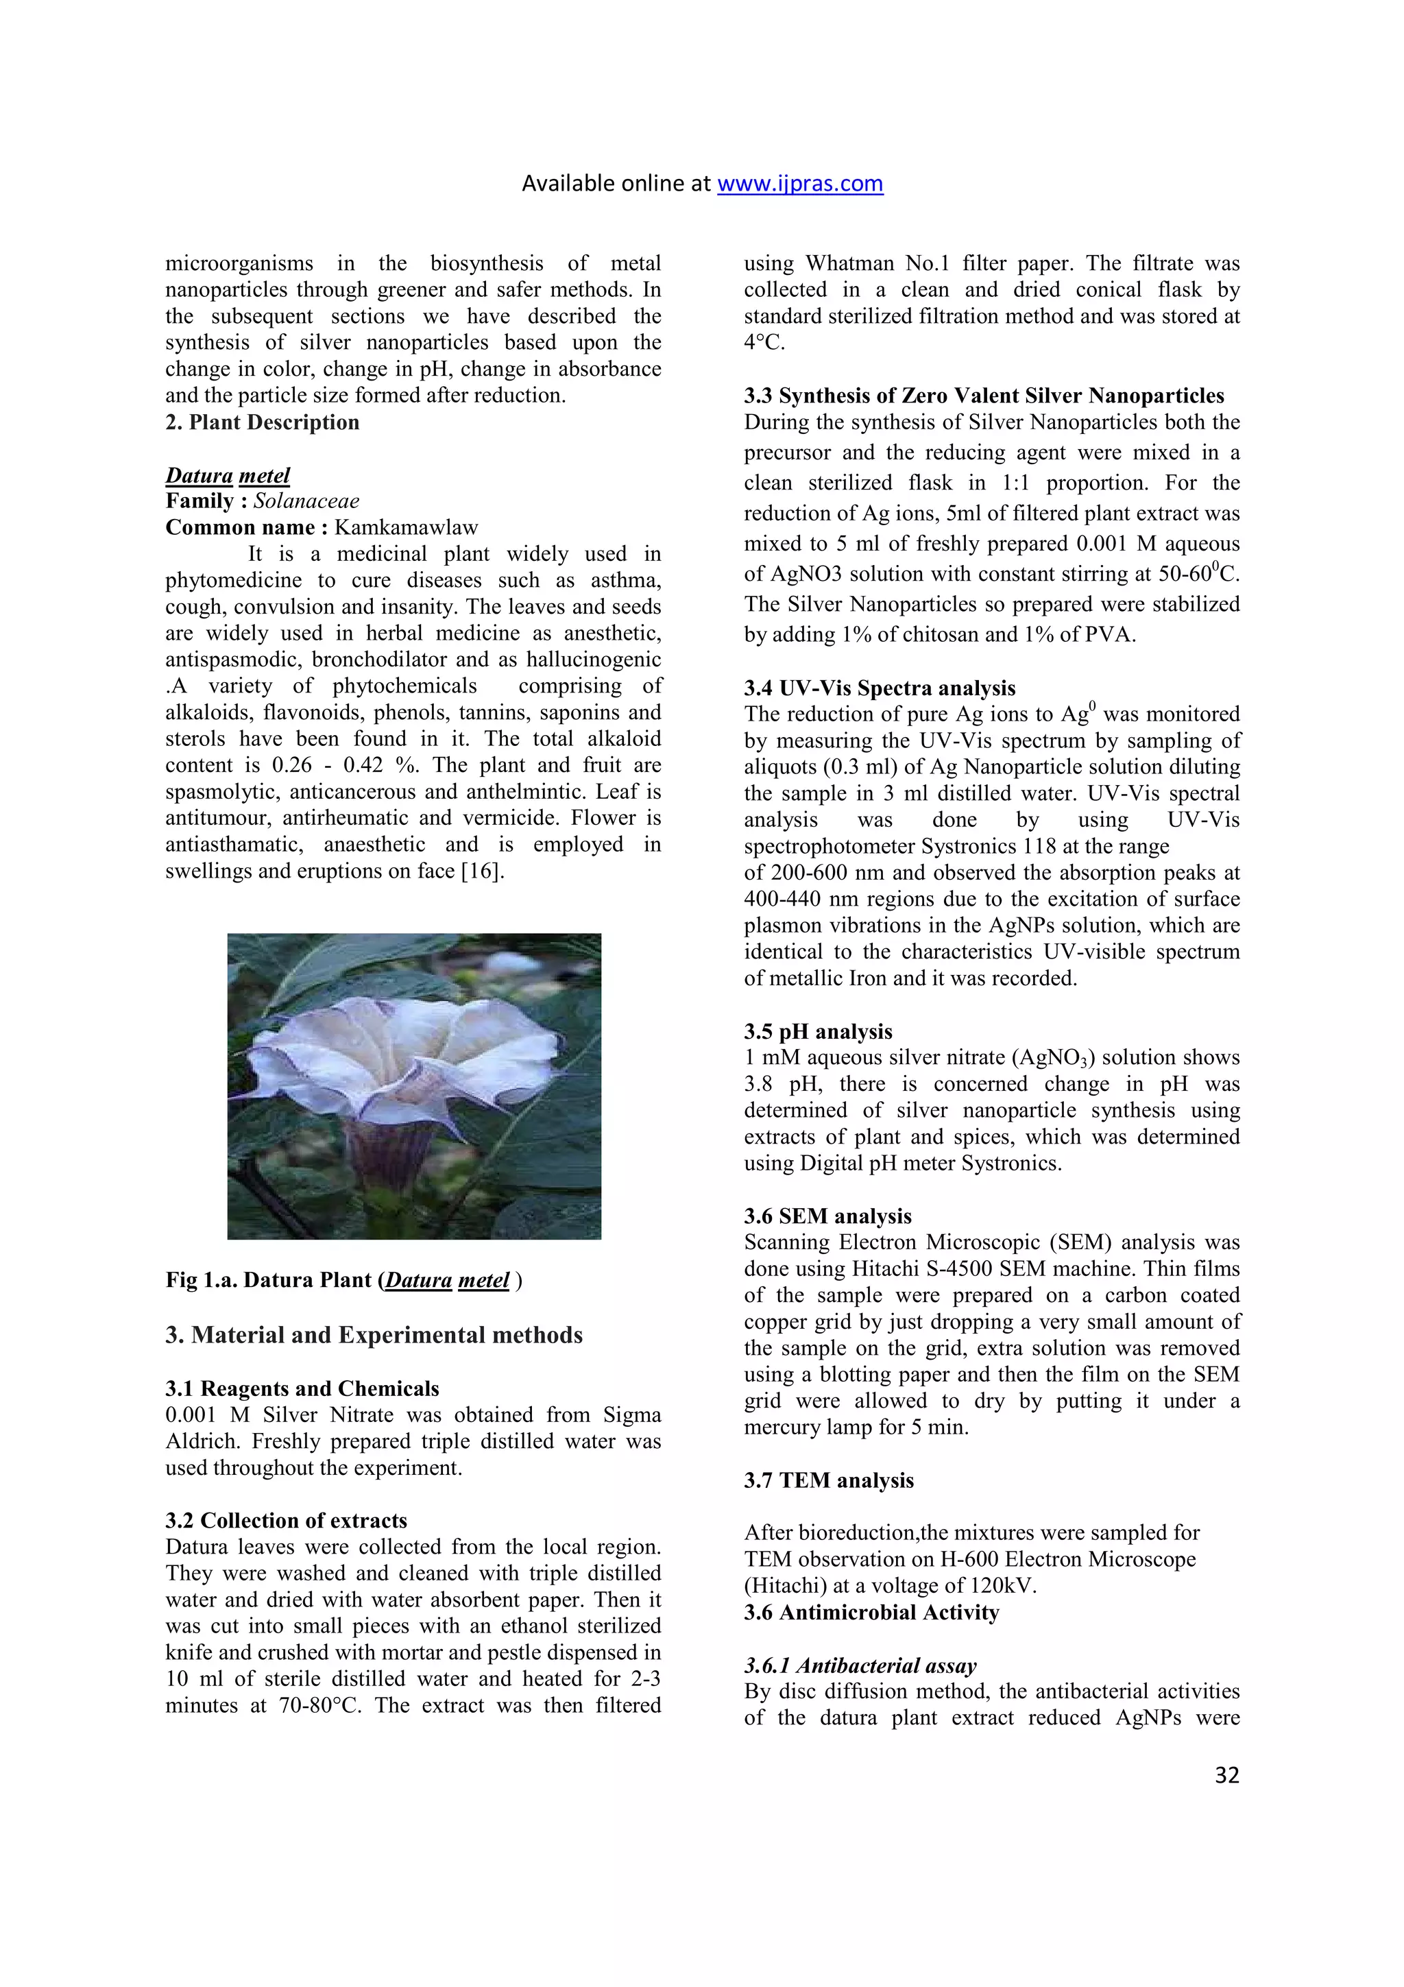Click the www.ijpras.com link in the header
(799, 184)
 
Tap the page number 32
(1226, 1775)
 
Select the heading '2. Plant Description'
(262, 422)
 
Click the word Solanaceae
(306, 501)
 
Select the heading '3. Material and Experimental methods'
(374, 1336)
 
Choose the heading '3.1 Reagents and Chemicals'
(302, 1389)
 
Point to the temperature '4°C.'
(764, 343)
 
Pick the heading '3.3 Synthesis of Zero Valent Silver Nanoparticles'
(984, 396)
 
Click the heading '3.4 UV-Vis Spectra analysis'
(880, 688)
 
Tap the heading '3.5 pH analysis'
(817, 1032)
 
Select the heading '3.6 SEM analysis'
(827, 1216)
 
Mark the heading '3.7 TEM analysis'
(828, 1481)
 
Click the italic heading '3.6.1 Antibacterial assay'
(860, 1666)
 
